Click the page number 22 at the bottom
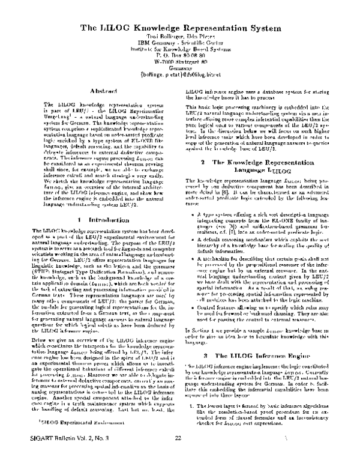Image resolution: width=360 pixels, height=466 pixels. coord(178,455)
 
